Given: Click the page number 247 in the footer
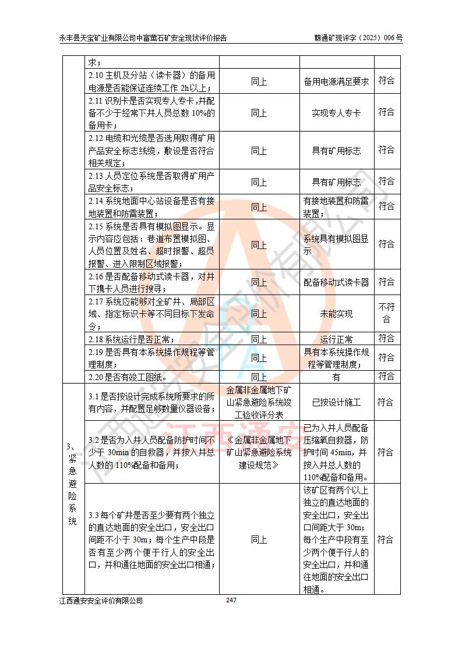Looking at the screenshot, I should [x=231, y=600].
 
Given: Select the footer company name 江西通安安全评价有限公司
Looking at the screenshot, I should [x=101, y=601].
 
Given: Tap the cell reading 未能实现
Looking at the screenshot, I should [x=336, y=314].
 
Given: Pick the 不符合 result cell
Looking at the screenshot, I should [x=386, y=314].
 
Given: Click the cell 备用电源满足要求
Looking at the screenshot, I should [x=336, y=81].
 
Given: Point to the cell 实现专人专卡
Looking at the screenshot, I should [x=336, y=113].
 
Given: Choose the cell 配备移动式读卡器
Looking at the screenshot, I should [x=336, y=282].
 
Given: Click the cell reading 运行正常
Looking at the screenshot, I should [x=336, y=339].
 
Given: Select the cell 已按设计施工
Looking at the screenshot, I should [x=336, y=402].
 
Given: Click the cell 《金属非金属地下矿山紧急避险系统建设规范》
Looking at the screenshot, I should [x=259, y=452].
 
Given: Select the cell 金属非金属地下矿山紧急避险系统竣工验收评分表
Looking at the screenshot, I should [x=259, y=402].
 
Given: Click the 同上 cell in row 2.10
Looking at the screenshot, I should [x=259, y=81].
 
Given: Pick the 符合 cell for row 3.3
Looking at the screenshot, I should [x=386, y=540].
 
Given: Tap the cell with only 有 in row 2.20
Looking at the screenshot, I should [x=336, y=377].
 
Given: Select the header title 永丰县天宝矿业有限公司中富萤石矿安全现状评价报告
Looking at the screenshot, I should [x=143, y=38].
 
